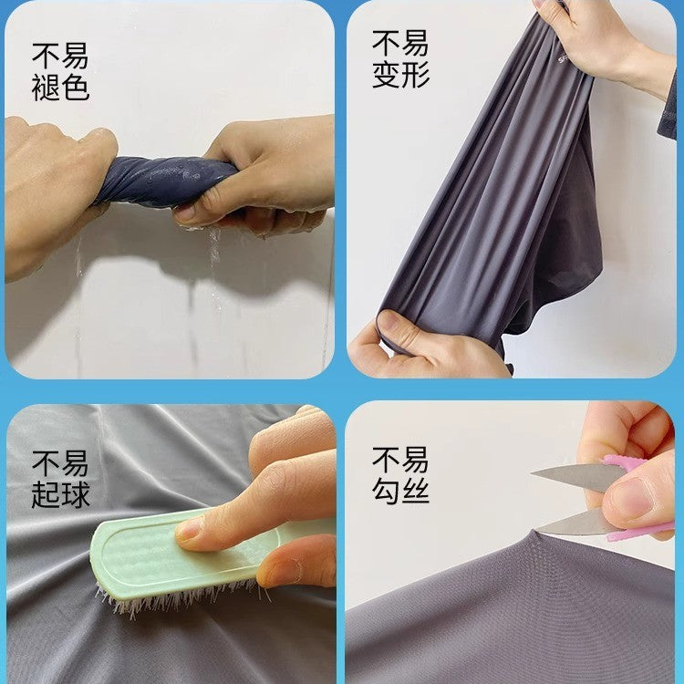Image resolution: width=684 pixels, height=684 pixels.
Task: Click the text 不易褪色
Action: [60, 72]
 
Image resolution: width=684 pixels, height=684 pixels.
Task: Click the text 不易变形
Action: [400, 59]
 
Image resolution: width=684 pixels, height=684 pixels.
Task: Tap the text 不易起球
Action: [60, 480]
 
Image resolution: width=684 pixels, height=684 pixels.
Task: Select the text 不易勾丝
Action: [400, 475]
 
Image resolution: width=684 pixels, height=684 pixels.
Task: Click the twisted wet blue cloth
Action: [166, 181]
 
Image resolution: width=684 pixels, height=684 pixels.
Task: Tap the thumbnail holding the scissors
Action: [629, 497]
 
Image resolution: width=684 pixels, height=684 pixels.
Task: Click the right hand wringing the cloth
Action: [257, 174]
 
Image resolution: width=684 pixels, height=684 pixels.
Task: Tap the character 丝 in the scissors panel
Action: [415, 491]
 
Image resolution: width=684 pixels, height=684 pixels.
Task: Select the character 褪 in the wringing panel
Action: [46, 88]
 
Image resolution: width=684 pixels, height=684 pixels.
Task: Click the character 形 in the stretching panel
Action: [415, 75]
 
